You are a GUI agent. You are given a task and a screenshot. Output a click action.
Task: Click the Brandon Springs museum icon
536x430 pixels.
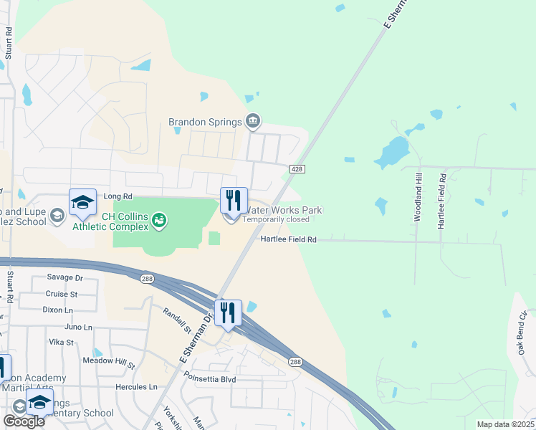pyautogui.click(x=252, y=123)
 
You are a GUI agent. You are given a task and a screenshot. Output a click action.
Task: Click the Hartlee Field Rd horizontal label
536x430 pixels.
pyautogui.click(x=288, y=240)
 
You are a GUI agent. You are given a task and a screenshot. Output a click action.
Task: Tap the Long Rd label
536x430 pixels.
pyautogui.click(x=118, y=196)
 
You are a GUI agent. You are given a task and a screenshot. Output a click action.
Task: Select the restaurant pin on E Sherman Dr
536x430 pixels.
pyautogui.click(x=229, y=312)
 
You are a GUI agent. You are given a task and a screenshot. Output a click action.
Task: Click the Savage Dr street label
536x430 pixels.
pyautogui.click(x=65, y=277)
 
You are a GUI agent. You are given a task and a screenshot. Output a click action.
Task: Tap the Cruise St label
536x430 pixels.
pyautogui.click(x=62, y=294)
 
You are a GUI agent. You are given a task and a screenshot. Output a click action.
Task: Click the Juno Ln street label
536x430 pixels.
pyautogui.click(x=78, y=327)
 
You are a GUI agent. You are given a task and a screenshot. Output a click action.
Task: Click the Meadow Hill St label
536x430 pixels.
pyautogui.click(x=109, y=362)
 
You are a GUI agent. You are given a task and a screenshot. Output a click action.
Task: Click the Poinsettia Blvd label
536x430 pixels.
pyautogui.click(x=210, y=378)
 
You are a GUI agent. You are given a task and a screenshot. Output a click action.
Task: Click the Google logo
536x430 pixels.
pyautogui.click(x=24, y=421)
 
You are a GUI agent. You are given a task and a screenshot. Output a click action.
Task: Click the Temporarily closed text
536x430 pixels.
pyautogui.click(x=275, y=219)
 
